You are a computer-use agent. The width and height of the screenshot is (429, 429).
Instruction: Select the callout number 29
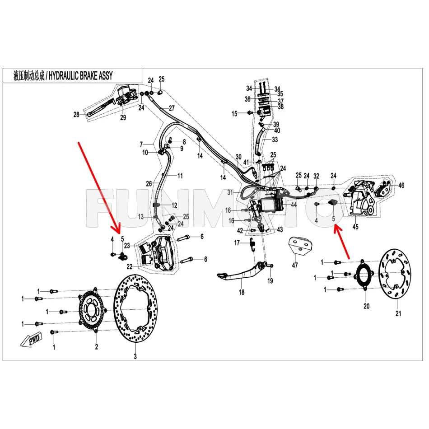point(123,118)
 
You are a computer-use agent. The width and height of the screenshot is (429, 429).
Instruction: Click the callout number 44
point(293,205)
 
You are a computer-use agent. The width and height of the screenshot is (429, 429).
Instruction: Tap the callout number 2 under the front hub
point(96,347)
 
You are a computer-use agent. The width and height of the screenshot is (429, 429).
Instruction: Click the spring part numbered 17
point(252,244)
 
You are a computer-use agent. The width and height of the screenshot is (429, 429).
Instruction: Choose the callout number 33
point(275,140)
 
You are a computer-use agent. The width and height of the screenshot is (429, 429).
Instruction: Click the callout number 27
point(172,108)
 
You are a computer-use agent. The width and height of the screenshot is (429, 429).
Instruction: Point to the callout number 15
point(234,113)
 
